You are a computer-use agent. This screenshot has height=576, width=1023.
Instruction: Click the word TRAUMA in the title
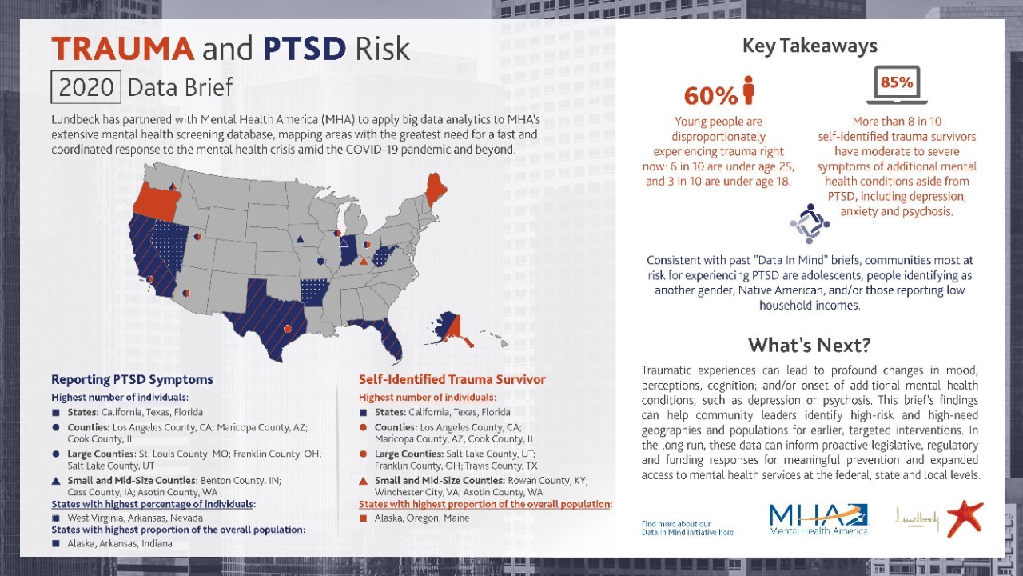point(122,50)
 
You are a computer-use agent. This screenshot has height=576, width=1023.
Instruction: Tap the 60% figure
point(711,96)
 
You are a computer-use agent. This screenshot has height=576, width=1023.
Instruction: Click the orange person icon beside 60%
point(749,90)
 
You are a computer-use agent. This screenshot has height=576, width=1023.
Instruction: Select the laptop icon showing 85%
point(897,86)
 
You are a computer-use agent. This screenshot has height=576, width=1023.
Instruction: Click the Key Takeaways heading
point(810,46)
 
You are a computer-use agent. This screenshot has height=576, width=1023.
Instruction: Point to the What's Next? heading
point(809,346)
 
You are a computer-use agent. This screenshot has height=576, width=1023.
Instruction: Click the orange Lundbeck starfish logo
point(966,518)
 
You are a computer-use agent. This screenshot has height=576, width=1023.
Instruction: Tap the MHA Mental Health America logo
point(818,519)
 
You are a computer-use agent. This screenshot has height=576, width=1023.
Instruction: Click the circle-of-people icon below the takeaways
point(810,224)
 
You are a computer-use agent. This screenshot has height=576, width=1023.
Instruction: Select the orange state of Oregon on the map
point(155,196)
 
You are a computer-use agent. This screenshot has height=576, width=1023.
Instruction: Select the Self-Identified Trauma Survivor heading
point(452,379)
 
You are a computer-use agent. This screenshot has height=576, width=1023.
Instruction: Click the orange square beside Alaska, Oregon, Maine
point(364,518)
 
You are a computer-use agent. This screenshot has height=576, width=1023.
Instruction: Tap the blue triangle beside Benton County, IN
point(56,479)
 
